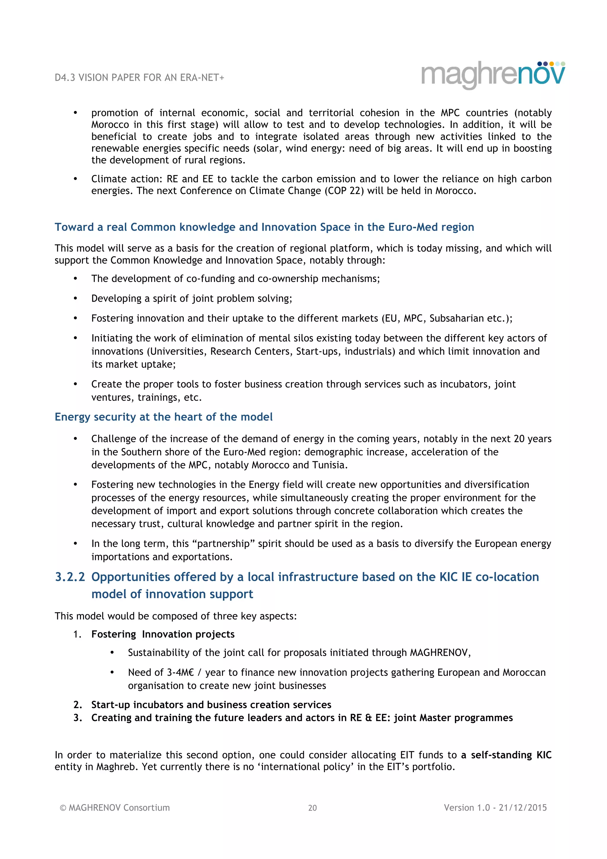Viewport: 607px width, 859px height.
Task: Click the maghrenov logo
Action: (493, 74)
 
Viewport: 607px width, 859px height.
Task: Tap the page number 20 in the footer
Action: (312, 808)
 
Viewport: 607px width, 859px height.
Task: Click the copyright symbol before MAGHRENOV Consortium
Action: (63, 808)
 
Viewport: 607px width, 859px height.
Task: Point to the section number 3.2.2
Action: (70, 577)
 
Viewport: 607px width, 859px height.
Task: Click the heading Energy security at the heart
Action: (163, 417)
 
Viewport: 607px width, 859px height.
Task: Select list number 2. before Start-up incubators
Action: (77, 705)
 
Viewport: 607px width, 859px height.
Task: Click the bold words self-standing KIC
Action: (511, 755)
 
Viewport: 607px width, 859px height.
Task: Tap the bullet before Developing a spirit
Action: (76, 299)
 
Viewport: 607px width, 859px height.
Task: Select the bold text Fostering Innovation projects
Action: (163, 634)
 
